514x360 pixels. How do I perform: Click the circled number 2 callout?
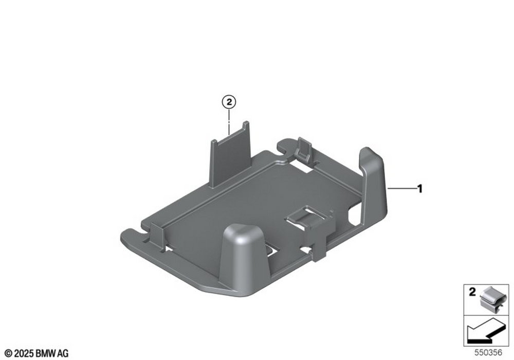[229, 102]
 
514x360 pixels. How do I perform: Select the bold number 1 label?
[419, 189]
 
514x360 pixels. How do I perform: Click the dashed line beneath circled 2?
[229, 122]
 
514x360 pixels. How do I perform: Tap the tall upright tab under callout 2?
[230, 154]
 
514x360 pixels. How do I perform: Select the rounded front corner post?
[245, 256]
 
